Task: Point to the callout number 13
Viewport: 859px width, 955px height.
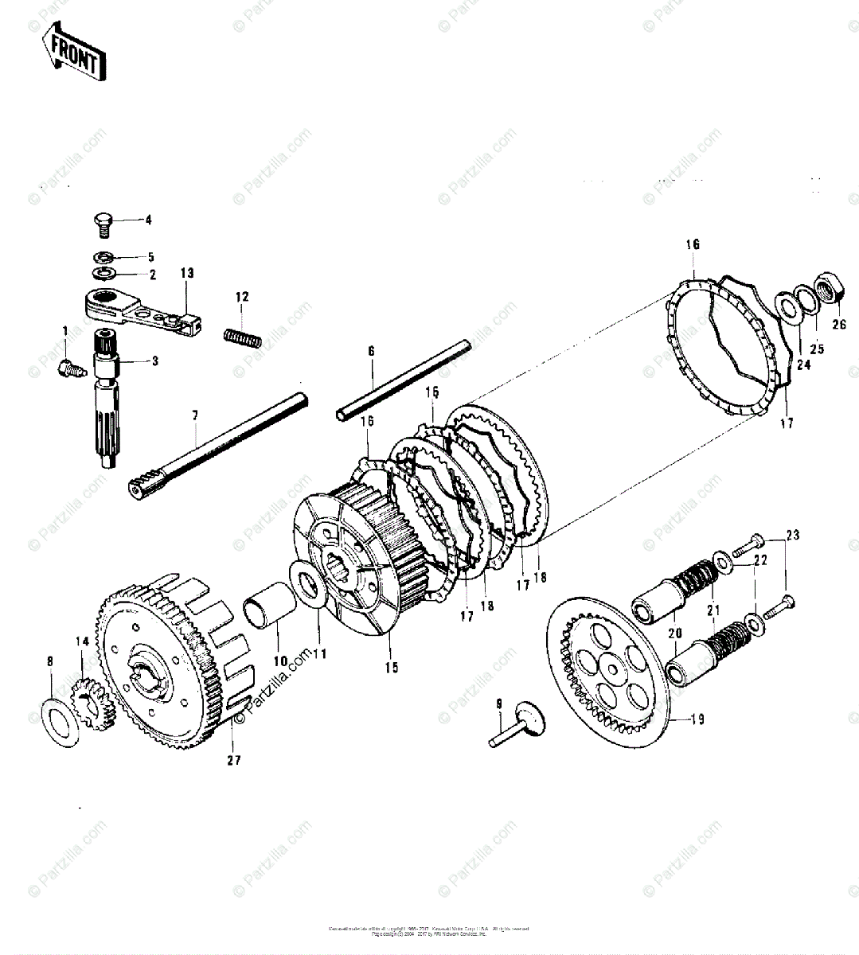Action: (x=186, y=273)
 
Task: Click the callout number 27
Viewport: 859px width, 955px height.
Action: (x=232, y=761)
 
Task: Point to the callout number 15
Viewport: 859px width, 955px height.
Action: (x=391, y=667)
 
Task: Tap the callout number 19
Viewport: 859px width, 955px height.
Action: (x=697, y=721)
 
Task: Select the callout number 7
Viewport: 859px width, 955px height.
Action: (x=196, y=415)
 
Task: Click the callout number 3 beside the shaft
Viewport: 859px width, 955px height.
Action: (x=154, y=361)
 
